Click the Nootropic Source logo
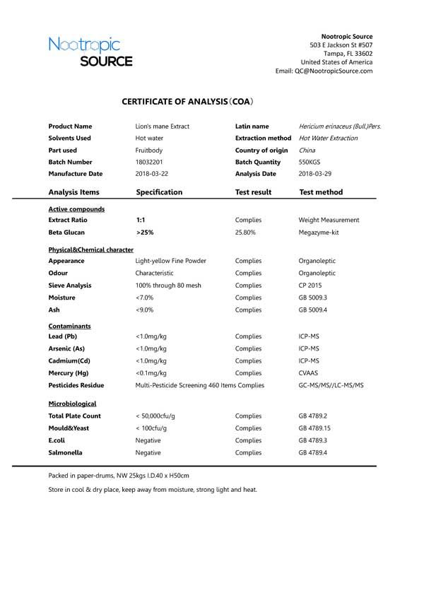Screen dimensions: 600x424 tap(90, 53)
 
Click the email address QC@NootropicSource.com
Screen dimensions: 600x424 tap(334, 71)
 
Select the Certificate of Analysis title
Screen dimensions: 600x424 tap(187, 102)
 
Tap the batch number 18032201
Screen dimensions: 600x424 tap(150, 162)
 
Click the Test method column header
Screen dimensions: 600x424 tap(321, 192)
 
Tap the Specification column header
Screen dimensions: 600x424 tap(159, 192)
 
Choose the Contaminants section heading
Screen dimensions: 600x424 tap(69, 326)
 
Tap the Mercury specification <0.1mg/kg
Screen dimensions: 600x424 tap(151, 372)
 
